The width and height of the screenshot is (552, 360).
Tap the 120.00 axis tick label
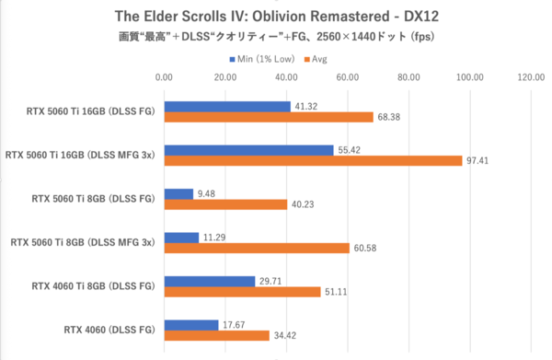point(531,78)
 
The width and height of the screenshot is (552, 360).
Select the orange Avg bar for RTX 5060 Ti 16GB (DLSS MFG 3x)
point(313,161)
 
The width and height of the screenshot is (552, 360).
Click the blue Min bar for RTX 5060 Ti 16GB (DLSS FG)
point(227,107)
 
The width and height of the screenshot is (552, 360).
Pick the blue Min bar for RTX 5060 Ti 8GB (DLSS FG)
point(178,194)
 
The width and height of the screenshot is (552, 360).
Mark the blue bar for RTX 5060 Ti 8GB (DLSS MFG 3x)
point(181,238)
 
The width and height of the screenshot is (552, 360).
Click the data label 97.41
point(480,161)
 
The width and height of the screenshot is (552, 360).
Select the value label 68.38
point(391,117)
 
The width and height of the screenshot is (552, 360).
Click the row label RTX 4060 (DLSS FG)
point(109,330)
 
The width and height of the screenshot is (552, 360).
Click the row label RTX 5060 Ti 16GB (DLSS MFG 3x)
point(80,155)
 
